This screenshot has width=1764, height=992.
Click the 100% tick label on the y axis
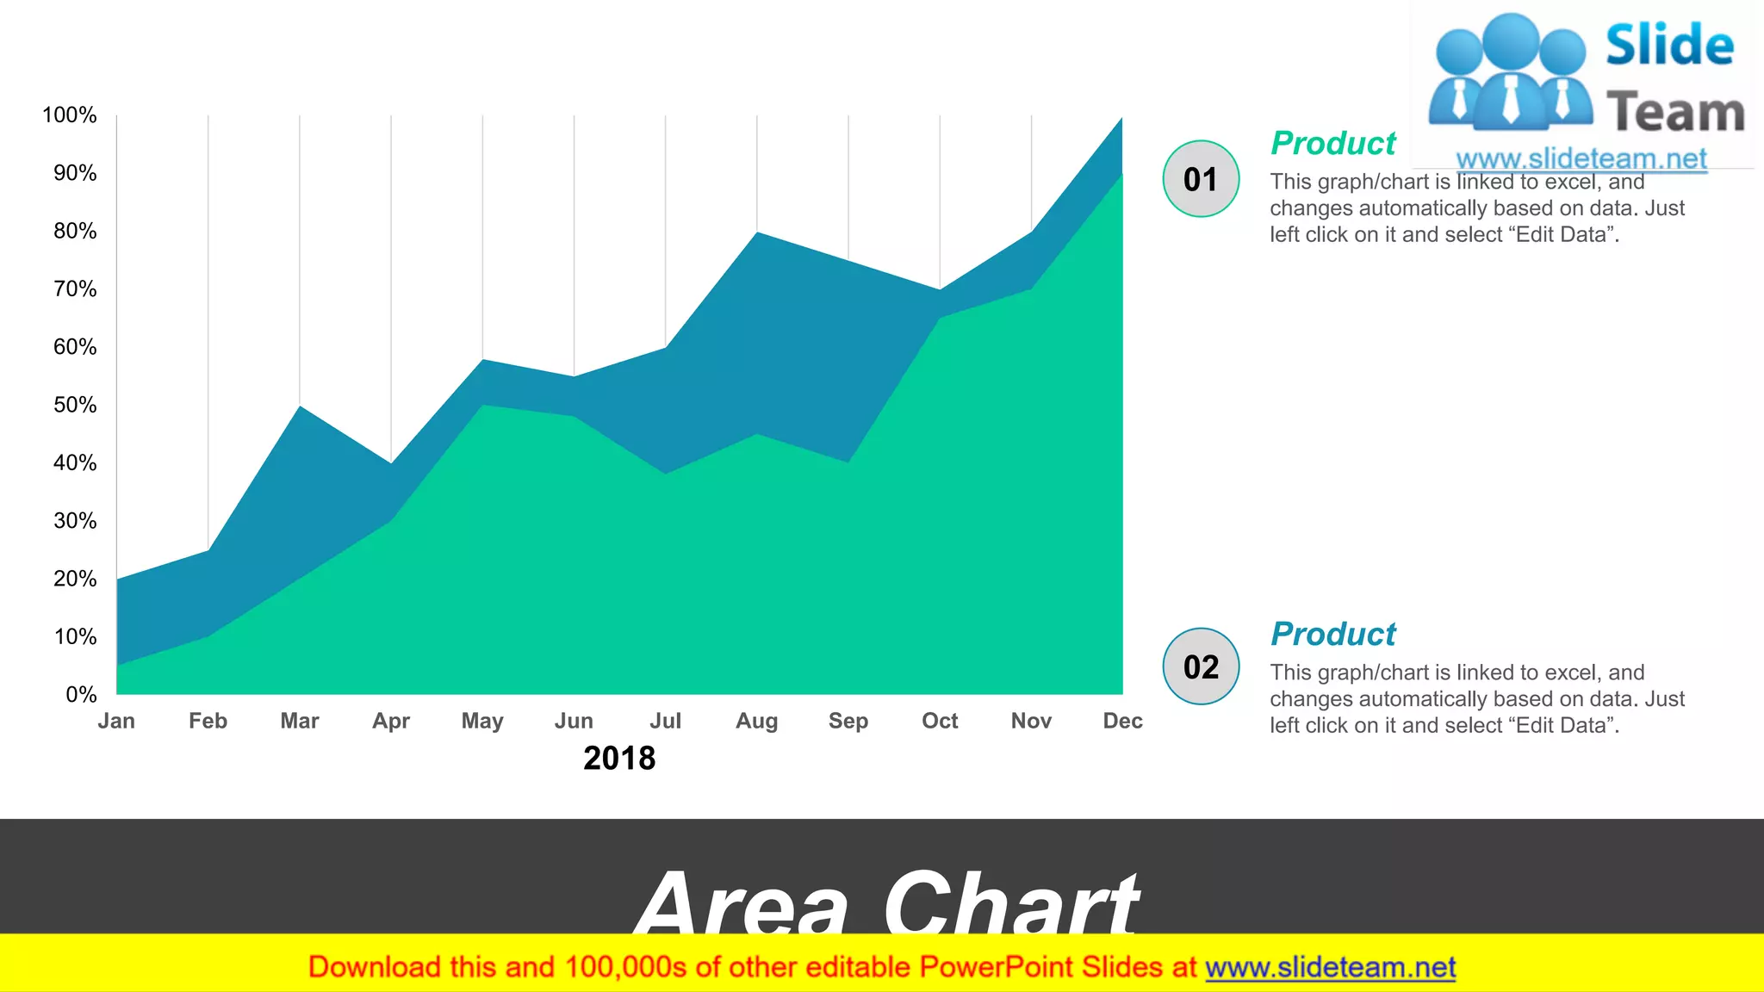[x=69, y=115]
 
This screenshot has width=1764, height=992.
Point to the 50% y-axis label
[x=75, y=405]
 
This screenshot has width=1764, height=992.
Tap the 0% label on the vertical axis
[x=81, y=694]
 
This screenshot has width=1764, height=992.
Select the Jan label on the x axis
[x=116, y=721]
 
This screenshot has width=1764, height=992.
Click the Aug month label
[x=756, y=721]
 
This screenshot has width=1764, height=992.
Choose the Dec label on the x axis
[x=1122, y=721]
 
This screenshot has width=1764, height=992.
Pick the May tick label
[x=482, y=721]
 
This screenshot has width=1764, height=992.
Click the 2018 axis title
[x=619, y=759]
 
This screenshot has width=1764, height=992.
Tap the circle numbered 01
[x=1201, y=179]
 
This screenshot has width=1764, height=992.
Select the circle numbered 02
[x=1201, y=666]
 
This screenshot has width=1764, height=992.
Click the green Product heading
[x=1332, y=143]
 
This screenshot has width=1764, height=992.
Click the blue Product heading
[x=1332, y=634]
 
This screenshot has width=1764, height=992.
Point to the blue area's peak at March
[x=300, y=407]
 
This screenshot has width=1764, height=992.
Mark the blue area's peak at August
[x=757, y=234]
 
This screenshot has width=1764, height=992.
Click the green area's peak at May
[x=482, y=406]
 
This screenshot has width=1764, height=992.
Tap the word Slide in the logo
[x=1669, y=46]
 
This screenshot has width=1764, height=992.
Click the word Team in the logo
[x=1675, y=113]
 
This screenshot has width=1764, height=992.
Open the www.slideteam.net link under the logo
[x=1581, y=158]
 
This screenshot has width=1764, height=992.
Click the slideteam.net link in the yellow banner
[x=1330, y=968]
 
